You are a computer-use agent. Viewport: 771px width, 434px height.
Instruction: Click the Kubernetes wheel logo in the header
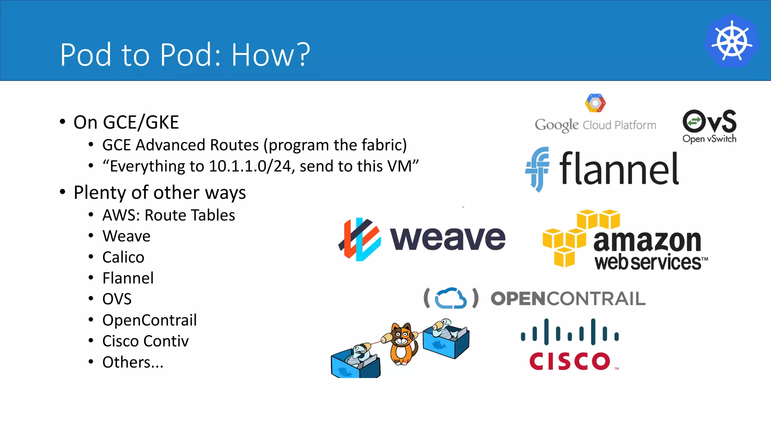732,41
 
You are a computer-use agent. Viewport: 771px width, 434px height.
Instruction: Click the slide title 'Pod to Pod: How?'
185,55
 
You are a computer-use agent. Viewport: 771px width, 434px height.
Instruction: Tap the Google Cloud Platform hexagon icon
595,103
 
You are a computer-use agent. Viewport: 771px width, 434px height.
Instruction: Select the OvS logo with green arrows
709,121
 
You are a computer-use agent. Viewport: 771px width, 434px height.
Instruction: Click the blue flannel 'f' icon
537,169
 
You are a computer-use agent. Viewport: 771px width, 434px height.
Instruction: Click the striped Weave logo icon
360,239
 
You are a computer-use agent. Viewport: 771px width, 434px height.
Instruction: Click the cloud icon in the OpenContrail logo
451,298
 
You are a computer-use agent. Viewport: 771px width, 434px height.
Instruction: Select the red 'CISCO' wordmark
569,361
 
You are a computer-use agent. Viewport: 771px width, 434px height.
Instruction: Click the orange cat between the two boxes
402,343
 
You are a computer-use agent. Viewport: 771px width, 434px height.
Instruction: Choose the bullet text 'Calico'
123,257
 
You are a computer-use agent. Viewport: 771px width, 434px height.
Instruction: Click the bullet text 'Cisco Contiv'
145,341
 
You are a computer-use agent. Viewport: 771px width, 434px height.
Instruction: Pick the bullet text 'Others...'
133,362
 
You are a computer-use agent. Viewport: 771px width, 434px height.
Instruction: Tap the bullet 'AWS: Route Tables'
169,215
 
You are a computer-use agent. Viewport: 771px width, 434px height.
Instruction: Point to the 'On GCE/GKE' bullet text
126,122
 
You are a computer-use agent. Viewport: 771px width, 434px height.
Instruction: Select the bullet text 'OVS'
117,299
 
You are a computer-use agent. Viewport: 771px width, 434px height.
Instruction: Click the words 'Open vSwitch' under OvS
709,139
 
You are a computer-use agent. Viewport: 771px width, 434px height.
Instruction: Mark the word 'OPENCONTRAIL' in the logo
568,299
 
